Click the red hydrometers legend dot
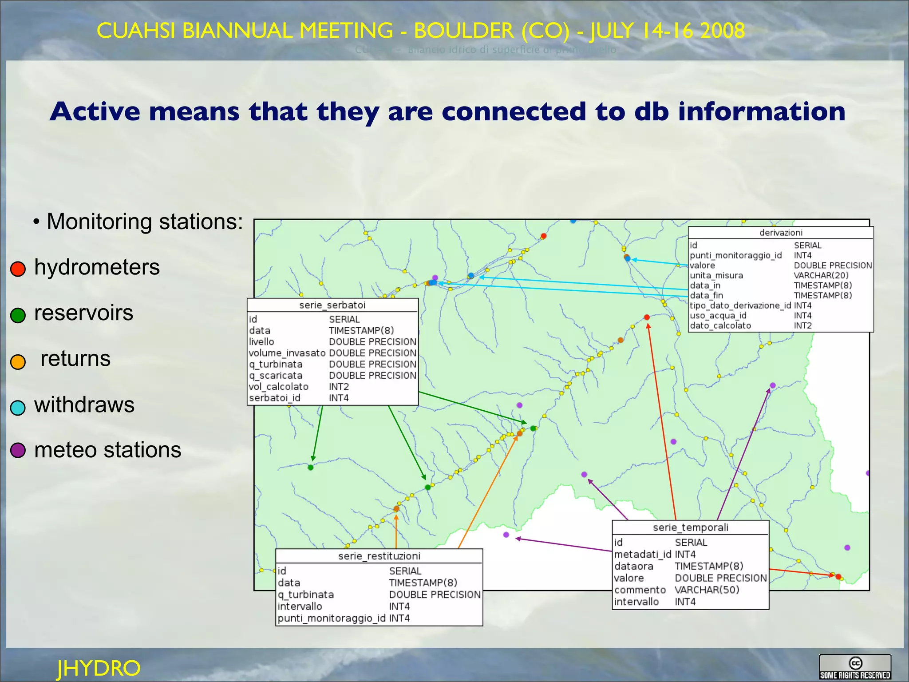[x=18, y=269]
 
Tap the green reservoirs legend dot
[x=18, y=315]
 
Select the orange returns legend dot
[x=18, y=361]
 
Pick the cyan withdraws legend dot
[x=18, y=407]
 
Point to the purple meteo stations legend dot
[x=18, y=450]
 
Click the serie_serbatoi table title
[x=332, y=305]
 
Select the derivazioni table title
[x=781, y=233]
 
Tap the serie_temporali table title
[x=690, y=527]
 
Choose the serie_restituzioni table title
[x=379, y=556]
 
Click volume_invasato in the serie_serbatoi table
[x=287, y=353]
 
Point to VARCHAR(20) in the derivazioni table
[x=821, y=275]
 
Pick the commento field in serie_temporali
[x=640, y=590]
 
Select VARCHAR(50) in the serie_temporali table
[x=707, y=590]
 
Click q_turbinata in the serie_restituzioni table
[x=305, y=595]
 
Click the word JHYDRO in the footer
[x=99, y=668]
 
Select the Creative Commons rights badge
[x=855, y=667]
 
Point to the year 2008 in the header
[x=722, y=31]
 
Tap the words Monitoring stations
[x=145, y=221]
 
